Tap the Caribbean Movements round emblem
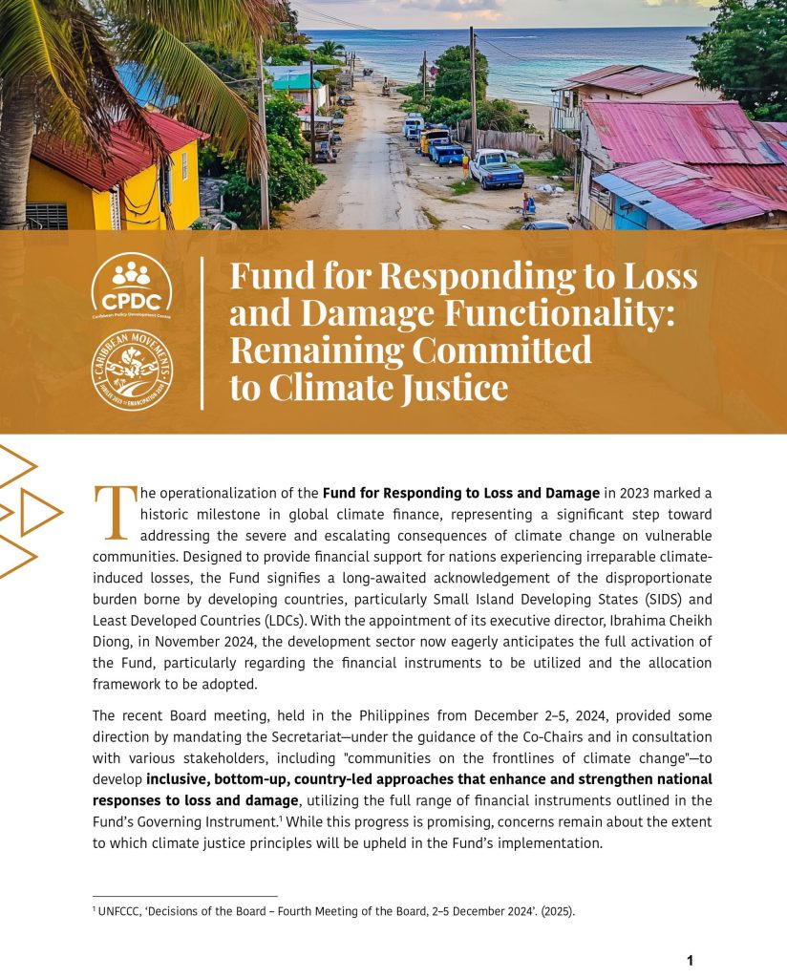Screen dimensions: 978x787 pyautogui.click(x=132, y=370)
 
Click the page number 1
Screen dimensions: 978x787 pyautogui.click(x=690, y=960)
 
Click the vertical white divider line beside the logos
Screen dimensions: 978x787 pyautogui.click(x=202, y=333)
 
